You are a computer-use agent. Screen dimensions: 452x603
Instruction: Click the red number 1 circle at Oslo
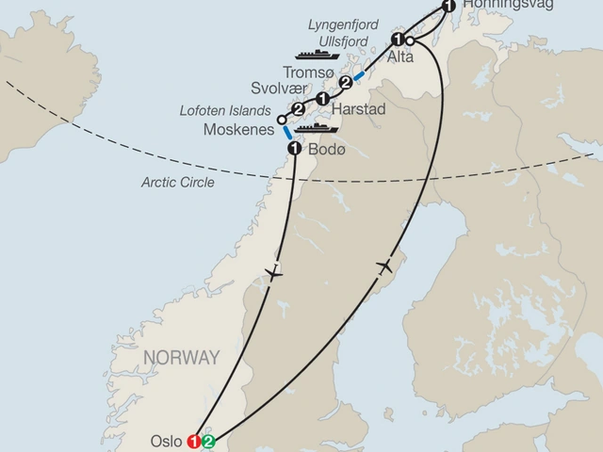click(x=195, y=440)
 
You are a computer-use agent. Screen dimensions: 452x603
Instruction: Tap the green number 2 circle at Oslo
click(x=209, y=440)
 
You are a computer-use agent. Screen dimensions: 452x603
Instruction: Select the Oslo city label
click(x=167, y=440)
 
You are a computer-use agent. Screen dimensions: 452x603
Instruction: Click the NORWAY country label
click(x=181, y=358)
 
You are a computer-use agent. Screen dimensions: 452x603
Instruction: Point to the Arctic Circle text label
click(x=176, y=182)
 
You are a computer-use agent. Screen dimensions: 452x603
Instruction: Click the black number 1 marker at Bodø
click(x=294, y=149)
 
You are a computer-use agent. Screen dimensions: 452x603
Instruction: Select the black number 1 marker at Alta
click(x=398, y=40)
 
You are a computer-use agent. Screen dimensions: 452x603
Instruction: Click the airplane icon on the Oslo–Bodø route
click(x=273, y=274)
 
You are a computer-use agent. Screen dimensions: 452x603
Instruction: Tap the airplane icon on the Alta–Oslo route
click(x=384, y=268)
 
